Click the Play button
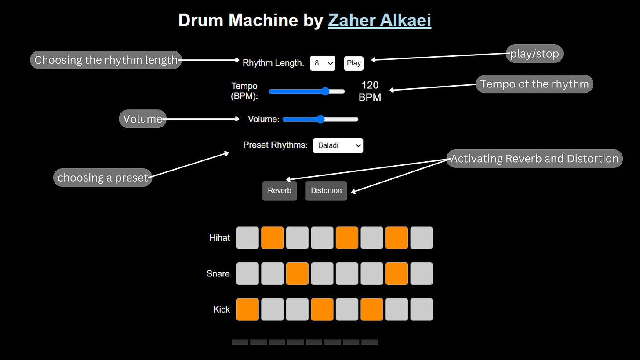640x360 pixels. [x=353, y=63]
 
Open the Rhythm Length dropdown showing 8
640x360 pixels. [x=322, y=63]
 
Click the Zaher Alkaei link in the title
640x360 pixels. [x=379, y=21]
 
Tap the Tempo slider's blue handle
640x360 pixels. [x=325, y=91]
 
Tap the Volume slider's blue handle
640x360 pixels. [x=320, y=119]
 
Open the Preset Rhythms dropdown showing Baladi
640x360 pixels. [x=338, y=145]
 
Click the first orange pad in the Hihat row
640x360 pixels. [x=273, y=238]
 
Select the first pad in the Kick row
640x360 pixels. [x=247, y=309]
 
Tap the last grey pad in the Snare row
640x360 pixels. [x=422, y=273]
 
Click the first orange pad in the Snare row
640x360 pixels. [x=297, y=273]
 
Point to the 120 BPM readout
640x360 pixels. [x=370, y=91]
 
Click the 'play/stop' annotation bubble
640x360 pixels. [x=534, y=54]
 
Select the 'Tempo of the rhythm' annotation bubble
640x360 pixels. [x=534, y=84]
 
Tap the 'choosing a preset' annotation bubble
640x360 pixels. [x=102, y=178]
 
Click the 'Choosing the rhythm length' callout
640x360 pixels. [x=105, y=60]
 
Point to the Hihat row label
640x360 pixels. [x=219, y=238]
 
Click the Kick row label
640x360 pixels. [x=221, y=309]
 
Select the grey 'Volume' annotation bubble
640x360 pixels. [x=142, y=119]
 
